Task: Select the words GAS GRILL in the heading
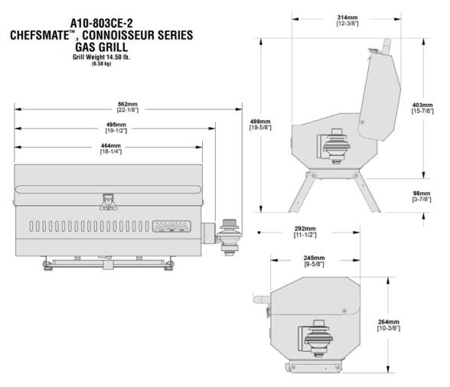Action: (x=111, y=45)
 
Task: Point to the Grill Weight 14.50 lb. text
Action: (x=111, y=56)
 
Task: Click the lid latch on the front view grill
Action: (x=106, y=200)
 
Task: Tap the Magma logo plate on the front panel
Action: (x=173, y=227)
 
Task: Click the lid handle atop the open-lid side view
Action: (x=386, y=47)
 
